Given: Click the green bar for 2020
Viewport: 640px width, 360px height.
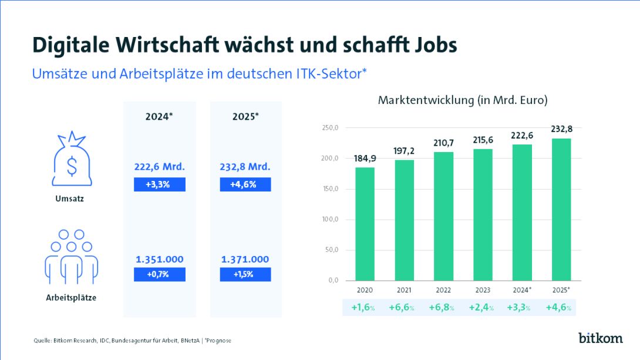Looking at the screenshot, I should tap(364, 224).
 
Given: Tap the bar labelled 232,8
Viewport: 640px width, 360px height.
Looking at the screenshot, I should tap(561, 209).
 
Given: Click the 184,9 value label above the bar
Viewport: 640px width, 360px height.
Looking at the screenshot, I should tap(364, 159).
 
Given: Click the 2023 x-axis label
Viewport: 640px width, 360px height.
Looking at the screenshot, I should tap(482, 290).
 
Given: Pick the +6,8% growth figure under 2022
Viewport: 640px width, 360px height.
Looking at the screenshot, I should tap(443, 307).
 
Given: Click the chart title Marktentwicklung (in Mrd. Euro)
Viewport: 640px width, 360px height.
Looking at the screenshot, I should tap(463, 100).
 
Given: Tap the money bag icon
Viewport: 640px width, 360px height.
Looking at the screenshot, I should tap(71, 160).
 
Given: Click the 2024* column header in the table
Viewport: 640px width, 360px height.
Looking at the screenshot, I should tap(159, 116).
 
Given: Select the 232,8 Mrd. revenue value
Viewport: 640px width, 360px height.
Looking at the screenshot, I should tap(245, 167).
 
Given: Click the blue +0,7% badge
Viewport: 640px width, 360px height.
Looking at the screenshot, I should tap(159, 274).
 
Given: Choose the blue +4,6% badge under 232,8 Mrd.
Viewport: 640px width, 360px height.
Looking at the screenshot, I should tap(245, 184).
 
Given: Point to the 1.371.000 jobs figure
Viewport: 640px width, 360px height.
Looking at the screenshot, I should tap(245, 259).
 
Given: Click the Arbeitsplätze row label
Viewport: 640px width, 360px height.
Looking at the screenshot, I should tap(71, 298).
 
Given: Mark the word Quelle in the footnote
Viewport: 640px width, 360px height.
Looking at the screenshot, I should tap(42, 341).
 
